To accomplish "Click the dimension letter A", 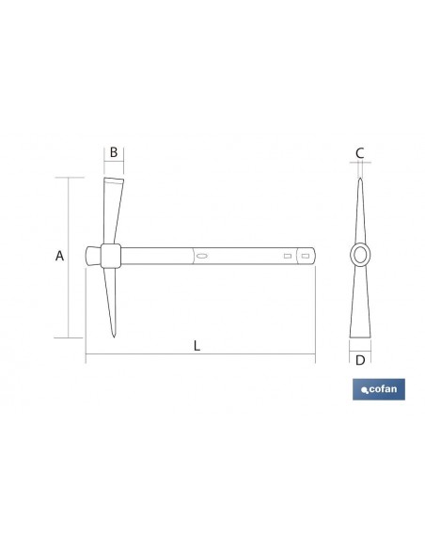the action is click(x=59, y=256).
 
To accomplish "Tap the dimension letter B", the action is click(x=114, y=152).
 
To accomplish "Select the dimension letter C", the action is click(x=359, y=153).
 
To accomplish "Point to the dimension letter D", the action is click(x=360, y=360).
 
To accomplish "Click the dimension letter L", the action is click(x=197, y=346).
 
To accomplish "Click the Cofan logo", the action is click(x=379, y=389).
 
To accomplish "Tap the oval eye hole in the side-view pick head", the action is click(x=360, y=255).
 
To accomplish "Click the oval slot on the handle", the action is click(x=201, y=256).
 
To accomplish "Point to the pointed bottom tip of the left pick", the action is click(x=114, y=337).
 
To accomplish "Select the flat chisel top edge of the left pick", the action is click(x=114, y=179).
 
